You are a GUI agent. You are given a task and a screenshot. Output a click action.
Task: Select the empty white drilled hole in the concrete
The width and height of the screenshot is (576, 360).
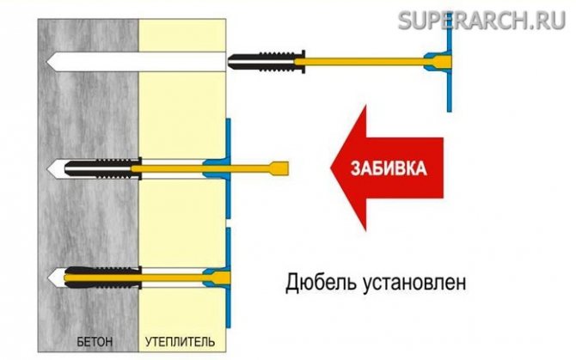(x=138, y=61)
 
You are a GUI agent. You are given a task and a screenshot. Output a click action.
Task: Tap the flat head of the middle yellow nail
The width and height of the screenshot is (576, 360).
(x=280, y=165)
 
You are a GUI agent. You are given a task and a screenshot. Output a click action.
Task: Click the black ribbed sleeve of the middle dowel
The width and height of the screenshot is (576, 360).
(x=103, y=164)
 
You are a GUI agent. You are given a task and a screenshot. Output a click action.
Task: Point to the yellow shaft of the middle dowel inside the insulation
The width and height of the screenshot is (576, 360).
(x=176, y=164)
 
